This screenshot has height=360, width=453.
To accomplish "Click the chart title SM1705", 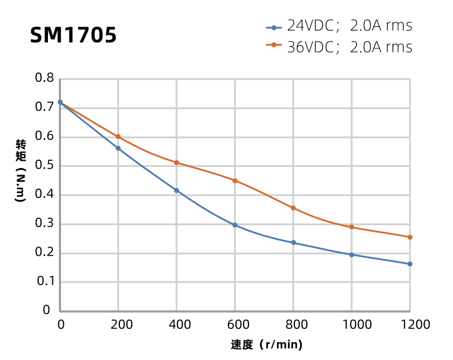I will pos(73,35).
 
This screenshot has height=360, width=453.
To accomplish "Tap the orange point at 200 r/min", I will pos(118,136).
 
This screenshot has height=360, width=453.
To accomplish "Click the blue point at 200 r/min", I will pos(118,148).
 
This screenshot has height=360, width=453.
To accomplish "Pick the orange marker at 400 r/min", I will pos(177,163).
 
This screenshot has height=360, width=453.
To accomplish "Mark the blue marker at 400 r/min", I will pos(177,190).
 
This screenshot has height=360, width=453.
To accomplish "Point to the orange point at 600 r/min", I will pos(235,181).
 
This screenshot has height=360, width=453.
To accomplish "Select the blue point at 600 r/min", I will pos(235,225).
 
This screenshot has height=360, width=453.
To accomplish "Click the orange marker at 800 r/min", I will pos(293,208).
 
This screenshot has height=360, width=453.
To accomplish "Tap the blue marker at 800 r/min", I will pos(293,243).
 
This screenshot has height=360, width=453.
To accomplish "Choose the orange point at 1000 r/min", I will pos(352,227).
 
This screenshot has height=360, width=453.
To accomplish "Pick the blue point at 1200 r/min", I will pos(410,264).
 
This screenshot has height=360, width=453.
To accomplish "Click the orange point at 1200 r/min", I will pos(410,237).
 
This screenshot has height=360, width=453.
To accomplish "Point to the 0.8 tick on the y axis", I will pos(45,78).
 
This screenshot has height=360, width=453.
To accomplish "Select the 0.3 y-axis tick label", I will pos(45,223).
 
